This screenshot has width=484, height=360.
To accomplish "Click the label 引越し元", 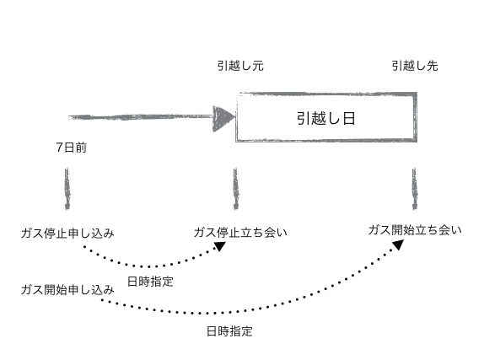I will (x=239, y=65).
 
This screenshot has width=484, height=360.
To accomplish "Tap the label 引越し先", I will (x=414, y=65).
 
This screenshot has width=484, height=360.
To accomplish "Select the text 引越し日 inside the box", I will (x=325, y=118).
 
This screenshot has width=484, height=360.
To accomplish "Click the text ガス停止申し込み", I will (x=67, y=232).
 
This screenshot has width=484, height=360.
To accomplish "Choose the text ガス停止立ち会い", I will (x=240, y=232).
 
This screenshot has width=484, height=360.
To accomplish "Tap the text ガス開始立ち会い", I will (x=415, y=229).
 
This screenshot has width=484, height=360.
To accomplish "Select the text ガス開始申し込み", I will (x=67, y=289).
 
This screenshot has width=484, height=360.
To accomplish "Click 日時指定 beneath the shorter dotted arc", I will (x=150, y=282).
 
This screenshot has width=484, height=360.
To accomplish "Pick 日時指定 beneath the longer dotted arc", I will (x=229, y=331).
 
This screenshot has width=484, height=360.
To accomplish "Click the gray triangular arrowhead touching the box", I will (x=224, y=117).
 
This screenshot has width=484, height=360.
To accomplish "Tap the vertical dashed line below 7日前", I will (x=66, y=191).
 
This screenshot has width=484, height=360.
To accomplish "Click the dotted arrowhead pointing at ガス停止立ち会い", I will (x=221, y=245).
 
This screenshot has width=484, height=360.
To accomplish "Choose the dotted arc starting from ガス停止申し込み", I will (x=152, y=263).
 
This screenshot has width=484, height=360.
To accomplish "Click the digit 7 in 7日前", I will (x=59, y=148).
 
